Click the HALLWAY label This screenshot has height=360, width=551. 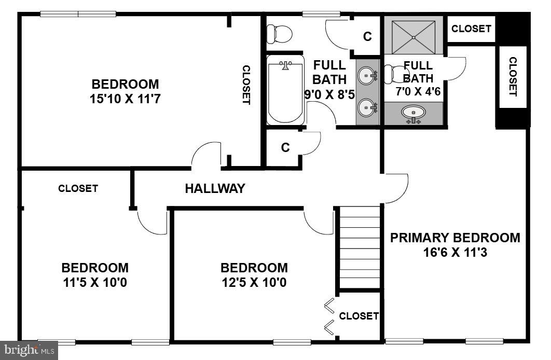point(215,189)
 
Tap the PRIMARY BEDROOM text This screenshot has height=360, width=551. point(455,238)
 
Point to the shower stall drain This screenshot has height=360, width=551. point(414,37)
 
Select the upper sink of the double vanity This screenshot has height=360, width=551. point(368,76)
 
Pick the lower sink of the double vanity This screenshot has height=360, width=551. point(368,108)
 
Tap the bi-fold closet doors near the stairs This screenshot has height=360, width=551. point(329,316)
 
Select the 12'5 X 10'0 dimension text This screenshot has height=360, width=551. point(254,283)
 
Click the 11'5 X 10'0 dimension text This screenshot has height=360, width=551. point(95,283)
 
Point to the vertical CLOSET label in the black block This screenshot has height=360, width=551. point(513,77)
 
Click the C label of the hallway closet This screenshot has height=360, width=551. point(285,148)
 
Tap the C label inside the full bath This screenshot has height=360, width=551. point(367,36)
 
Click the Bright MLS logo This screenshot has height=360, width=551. point(29,350)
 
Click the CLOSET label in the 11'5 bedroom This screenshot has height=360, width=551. point(78,188)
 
